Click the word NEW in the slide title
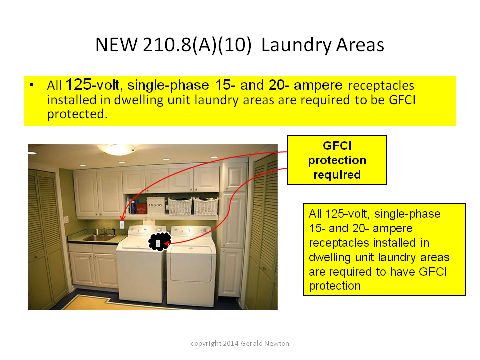(116, 45)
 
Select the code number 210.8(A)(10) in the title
(197, 45)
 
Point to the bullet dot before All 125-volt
(32, 85)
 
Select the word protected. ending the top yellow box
(77, 114)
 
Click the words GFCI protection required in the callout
(337, 160)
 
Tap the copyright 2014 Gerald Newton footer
(240, 343)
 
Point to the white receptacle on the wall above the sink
(122, 225)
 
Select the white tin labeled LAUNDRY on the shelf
(156, 205)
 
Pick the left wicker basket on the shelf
(180, 206)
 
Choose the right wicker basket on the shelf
(206, 206)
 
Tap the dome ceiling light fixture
(117, 149)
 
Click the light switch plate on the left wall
(66, 220)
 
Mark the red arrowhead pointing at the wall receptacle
(122, 218)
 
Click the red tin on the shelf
(141, 209)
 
